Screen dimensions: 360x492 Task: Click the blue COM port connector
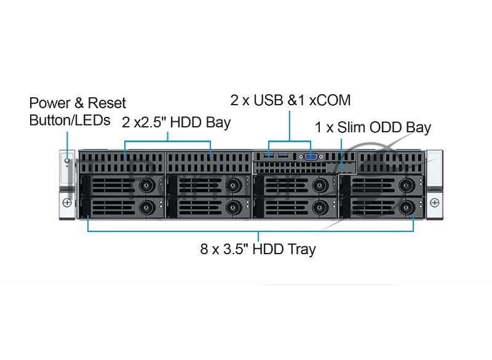pyautogui.click(x=311, y=158)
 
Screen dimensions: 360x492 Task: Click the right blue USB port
pyautogui.click(x=283, y=156)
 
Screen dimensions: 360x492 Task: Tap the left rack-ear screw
pyautogui.click(x=66, y=202)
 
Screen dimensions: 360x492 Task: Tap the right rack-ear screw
pyautogui.click(x=435, y=202)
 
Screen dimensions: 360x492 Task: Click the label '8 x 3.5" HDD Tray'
pyautogui.click(x=258, y=249)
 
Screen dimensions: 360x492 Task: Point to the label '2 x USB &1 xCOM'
pyautogui.click(x=290, y=100)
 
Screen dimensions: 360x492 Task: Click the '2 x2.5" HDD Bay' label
pyautogui.click(x=176, y=122)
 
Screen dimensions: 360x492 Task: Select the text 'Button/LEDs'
pyautogui.click(x=70, y=119)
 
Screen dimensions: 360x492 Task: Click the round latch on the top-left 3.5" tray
pyautogui.click(x=146, y=185)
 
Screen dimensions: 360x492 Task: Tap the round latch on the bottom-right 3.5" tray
pyautogui.click(x=405, y=207)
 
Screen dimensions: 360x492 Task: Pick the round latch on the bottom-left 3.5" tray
pyautogui.click(x=146, y=207)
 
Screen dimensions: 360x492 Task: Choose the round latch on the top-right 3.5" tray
pyautogui.click(x=405, y=185)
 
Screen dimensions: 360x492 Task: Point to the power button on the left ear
pyautogui.click(x=67, y=162)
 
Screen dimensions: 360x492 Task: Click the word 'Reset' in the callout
pyautogui.click(x=107, y=103)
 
